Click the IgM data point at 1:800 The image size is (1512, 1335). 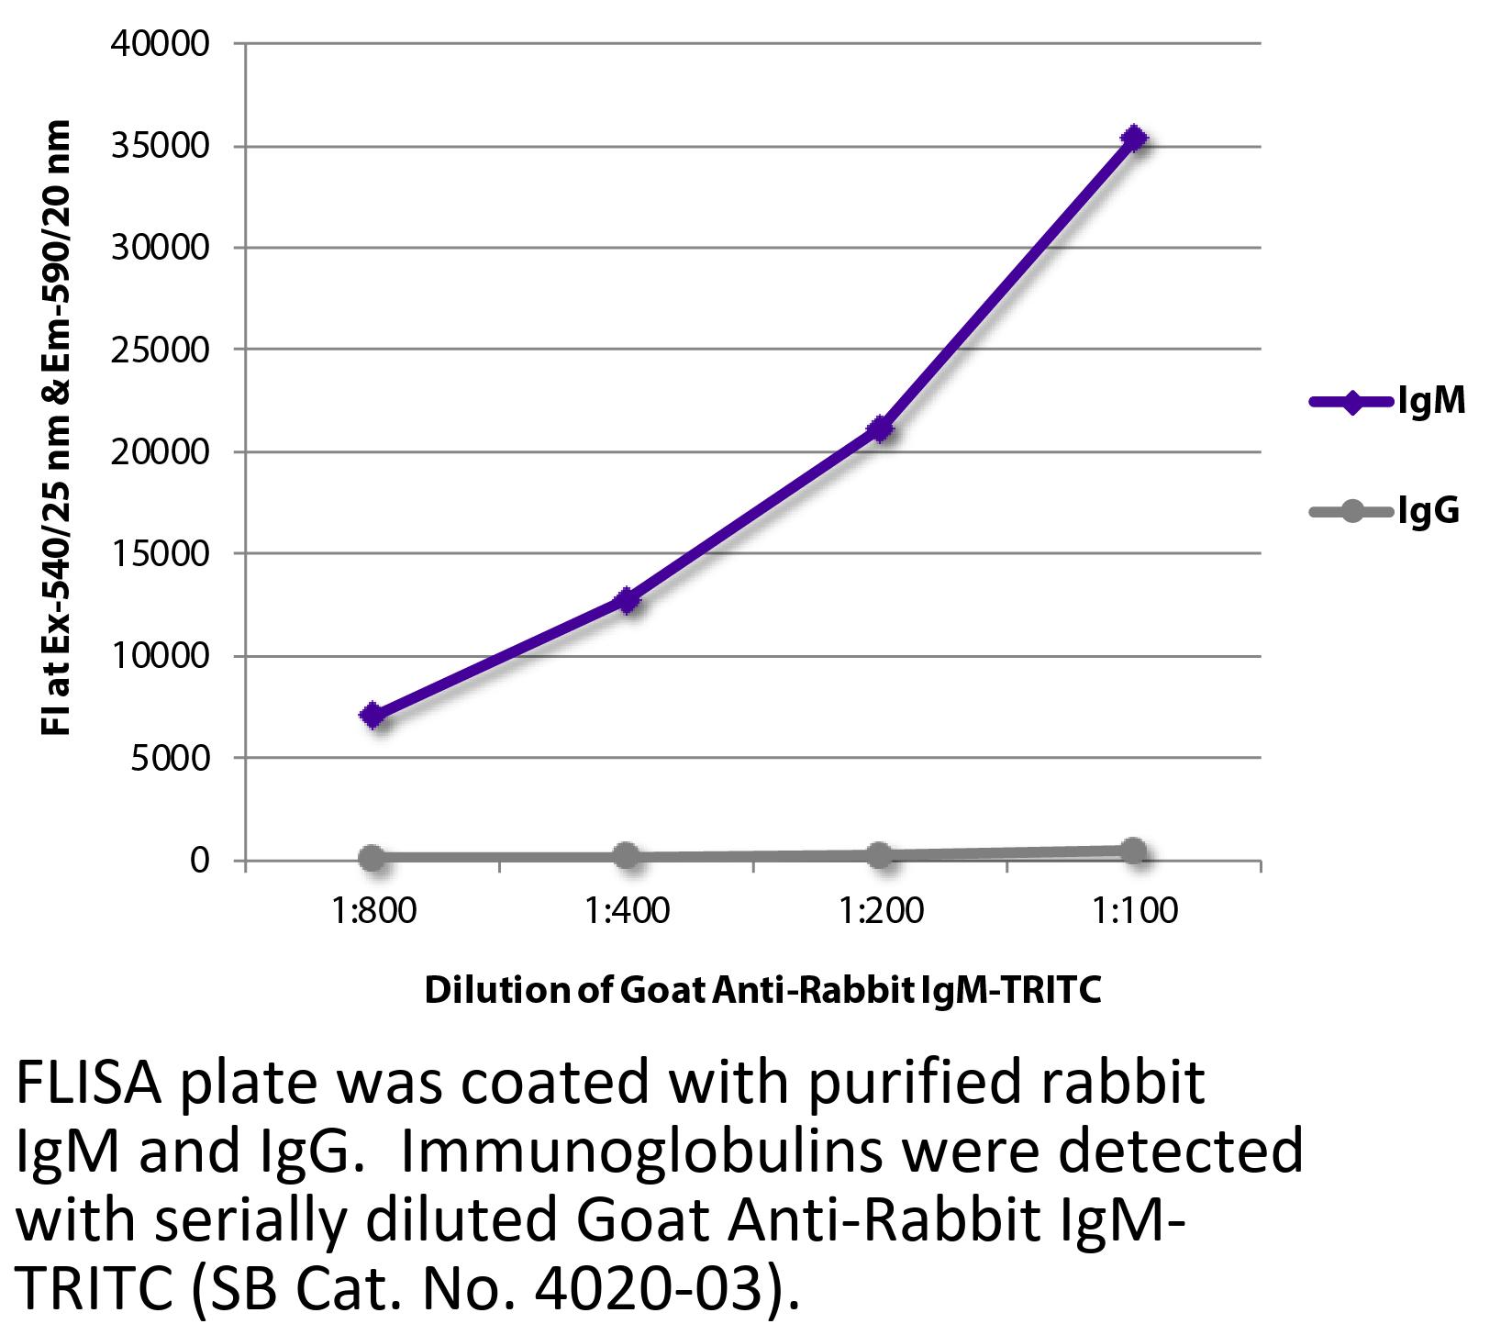pos(372,716)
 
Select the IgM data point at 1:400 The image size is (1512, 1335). pos(628,601)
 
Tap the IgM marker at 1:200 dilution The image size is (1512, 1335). pos(881,428)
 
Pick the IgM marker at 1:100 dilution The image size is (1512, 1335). pos(1135,138)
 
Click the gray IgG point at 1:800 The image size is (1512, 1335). pos(372,858)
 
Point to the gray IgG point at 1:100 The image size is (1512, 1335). pos(1135,851)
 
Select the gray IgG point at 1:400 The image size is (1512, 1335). pos(627,856)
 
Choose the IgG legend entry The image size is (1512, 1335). pos(1386,510)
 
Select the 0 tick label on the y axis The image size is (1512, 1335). pos(200,861)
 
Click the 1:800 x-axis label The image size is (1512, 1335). pos(372,911)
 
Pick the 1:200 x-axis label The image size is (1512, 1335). pos(881,911)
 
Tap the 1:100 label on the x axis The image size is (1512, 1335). pos(1135,911)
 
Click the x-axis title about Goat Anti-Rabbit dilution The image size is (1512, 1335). pos(762,990)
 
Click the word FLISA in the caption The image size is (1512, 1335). pos(90,1086)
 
